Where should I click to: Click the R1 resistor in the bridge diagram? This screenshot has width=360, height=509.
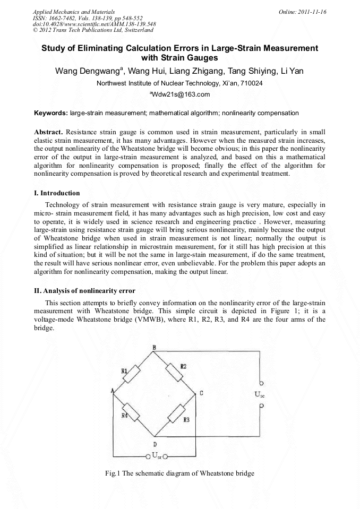tap(130, 375)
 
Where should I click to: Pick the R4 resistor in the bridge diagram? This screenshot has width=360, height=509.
tap(131, 412)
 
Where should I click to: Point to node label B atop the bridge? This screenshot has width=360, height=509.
tap(154, 347)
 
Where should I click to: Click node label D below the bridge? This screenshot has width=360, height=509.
tap(155, 444)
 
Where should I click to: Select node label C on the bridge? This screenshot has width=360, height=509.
tap(201, 393)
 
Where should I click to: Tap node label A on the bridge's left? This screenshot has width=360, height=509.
tap(113, 391)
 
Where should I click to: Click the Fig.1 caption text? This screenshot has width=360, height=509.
tap(181, 473)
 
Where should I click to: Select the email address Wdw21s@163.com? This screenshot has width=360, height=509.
tap(180, 94)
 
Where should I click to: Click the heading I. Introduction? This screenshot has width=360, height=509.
tap(57, 193)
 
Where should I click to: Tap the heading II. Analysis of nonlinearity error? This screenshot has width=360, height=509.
tap(84, 290)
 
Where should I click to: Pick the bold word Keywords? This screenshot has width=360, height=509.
tap(51, 113)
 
